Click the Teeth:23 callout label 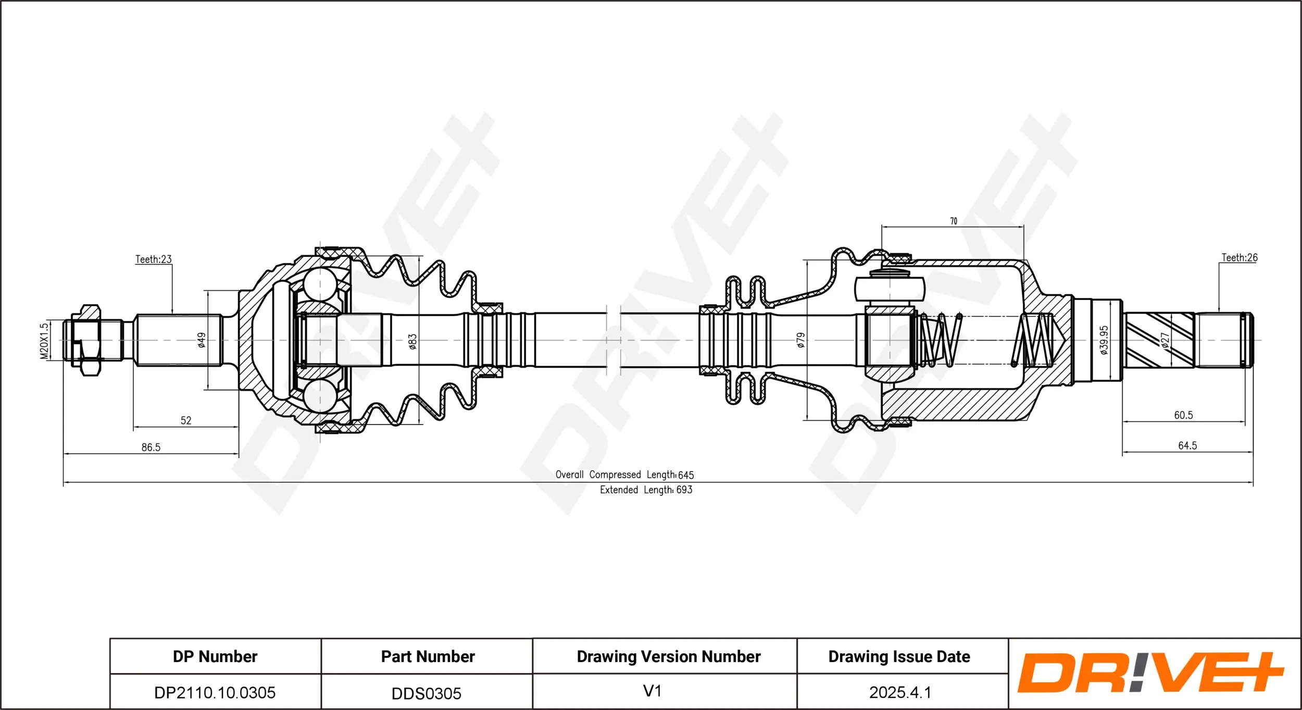(x=153, y=259)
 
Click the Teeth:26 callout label (x=1239, y=257)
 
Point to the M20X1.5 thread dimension (x=44, y=341)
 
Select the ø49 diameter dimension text (x=202, y=340)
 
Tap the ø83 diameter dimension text (x=412, y=341)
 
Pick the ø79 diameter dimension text (x=801, y=340)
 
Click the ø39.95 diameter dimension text (x=1104, y=340)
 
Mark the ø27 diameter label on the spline (x=1165, y=340)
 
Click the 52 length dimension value (x=186, y=420)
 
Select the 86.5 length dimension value (x=151, y=447)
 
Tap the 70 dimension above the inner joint (x=954, y=221)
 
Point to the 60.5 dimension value (x=1183, y=415)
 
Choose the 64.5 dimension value (x=1187, y=445)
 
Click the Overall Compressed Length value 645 (x=686, y=475)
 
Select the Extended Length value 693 (x=684, y=490)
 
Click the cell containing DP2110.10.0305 (x=215, y=692)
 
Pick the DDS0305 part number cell (x=427, y=693)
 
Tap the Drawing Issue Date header (x=899, y=656)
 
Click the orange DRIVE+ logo (x=1151, y=672)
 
